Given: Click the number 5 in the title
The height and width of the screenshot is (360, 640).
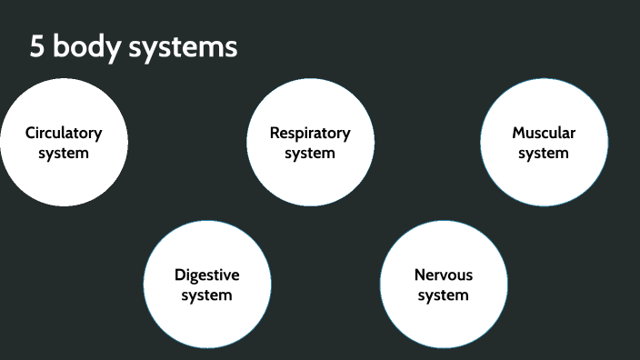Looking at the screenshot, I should click(x=36, y=47).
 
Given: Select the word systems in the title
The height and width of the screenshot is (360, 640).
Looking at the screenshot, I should click(x=183, y=47).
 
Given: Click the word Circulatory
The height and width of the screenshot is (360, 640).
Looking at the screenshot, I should click(x=64, y=133).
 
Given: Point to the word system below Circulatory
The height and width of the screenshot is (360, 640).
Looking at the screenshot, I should click(x=64, y=153).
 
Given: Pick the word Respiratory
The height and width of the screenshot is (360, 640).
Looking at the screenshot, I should click(x=310, y=133).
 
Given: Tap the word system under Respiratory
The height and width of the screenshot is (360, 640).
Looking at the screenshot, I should click(x=310, y=153).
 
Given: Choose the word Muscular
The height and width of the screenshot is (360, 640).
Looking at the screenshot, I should click(x=544, y=133).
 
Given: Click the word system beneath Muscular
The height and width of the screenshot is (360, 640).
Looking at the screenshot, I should click(x=544, y=153).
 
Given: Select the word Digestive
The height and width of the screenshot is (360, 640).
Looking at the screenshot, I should click(x=207, y=275).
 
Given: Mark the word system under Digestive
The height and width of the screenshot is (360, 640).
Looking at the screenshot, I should click(x=207, y=295).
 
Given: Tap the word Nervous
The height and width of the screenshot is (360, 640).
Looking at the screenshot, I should click(x=444, y=275).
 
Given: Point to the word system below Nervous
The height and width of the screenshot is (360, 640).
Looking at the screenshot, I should click(x=444, y=295).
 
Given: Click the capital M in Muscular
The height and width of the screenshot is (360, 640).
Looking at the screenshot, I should click(x=519, y=133).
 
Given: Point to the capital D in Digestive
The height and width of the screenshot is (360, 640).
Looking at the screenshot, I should click(x=179, y=275).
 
